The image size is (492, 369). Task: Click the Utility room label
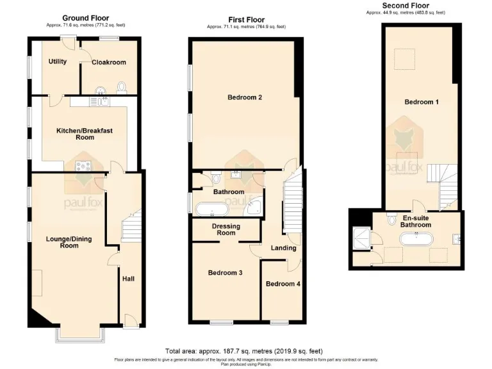click(x=59, y=62)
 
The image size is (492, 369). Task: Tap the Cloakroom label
click(x=108, y=62)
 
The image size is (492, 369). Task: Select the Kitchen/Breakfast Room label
click(x=84, y=134)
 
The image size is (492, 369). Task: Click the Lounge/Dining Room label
click(x=69, y=242)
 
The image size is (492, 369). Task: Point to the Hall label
click(x=128, y=279)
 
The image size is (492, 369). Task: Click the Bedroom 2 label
click(x=245, y=97)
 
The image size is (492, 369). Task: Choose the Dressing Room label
click(x=225, y=230)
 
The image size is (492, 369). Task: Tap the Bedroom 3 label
click(x=225, y=273)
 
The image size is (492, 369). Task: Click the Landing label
click(x=283, y=248)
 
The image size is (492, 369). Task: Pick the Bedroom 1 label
click(x=421, y=102)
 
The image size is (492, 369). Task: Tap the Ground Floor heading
click(x=85, y=18)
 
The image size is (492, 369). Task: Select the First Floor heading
click(x=246, y=20)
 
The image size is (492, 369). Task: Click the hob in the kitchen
click(x=84, y=166)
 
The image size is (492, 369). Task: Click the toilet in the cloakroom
click(x=124, y=88)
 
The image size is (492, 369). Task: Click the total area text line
click(x=243, y=351)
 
